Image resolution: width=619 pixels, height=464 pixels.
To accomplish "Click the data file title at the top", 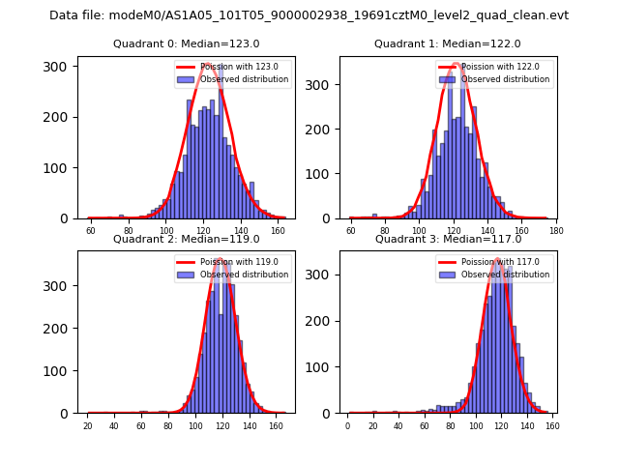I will tap(309, 15).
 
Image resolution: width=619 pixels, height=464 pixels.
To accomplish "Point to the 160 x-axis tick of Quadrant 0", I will tap(279, 232).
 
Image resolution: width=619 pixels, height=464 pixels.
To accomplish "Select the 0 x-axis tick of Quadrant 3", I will tap(348, 426).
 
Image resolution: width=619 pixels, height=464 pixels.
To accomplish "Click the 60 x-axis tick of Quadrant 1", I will tap(351, 232).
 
